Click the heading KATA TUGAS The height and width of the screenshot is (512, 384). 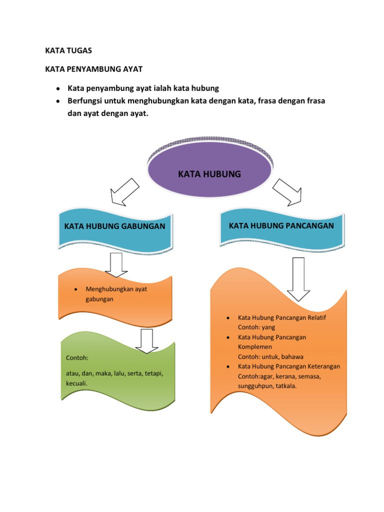pos(68,50)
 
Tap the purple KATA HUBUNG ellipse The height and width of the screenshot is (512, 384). pos(209,174)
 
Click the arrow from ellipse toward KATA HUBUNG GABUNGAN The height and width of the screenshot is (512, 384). pos(123,192)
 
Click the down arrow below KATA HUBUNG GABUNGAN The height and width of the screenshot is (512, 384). pos(117,264)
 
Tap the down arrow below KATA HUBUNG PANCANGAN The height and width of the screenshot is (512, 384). pos(298,279)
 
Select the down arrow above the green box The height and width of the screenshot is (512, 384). pos(147,341)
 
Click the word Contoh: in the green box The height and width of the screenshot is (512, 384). pos(76,358)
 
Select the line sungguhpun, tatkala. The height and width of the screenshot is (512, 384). pos(264,385)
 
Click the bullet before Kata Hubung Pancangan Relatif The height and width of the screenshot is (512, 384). pos(227,318)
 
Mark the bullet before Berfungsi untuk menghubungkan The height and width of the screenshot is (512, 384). pos(58,101)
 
